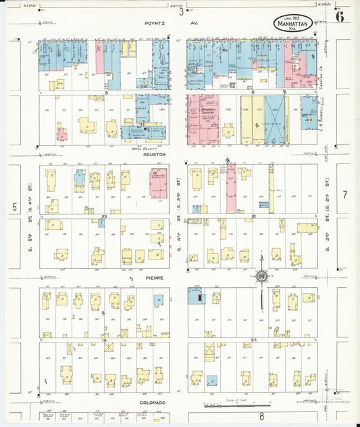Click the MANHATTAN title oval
click(292, 22)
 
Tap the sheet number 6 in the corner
click(339, 16)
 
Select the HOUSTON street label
click(154, 154)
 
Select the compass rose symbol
click(261, 275)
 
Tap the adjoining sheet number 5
click(14, 206)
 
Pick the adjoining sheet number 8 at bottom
click(261, 418)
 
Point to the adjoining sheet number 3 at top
click(181, 10)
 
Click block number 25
click(104, 216)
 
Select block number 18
click(104, 341)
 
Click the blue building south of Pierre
click(197, 296)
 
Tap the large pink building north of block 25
click(158, 184)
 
